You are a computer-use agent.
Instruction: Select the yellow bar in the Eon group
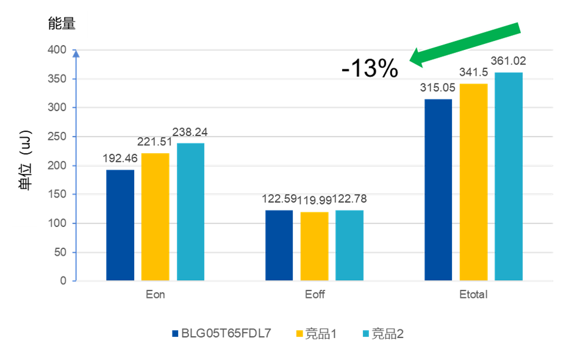(155, 217)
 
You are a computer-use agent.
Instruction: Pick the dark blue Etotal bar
(438, 190)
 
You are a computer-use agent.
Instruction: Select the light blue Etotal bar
(509, 176)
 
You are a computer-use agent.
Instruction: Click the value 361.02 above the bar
(509, 61)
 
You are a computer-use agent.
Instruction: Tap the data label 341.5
(474, 74)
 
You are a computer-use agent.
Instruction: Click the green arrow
(467, 43)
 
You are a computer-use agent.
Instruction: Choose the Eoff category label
(315, 295)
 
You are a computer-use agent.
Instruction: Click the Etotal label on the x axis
(473, 295)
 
